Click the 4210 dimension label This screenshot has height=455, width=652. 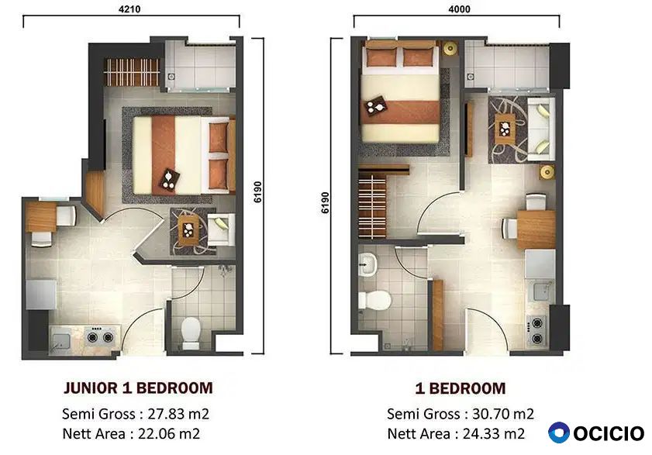point(129,9)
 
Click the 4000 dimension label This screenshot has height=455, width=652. point(460,9)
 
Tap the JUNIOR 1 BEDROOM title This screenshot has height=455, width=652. point(138,388)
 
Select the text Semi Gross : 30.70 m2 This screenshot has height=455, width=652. point(461,414)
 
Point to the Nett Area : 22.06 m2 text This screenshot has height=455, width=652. point(131,434)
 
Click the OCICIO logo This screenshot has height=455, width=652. point(596,433)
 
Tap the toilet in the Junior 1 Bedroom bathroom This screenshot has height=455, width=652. point(191,333)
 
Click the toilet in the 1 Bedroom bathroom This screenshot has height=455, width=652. point(374,300)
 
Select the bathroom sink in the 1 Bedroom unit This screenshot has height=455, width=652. point(367,264)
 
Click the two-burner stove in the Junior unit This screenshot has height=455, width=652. point(100,336)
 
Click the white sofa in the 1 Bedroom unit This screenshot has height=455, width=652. point(541,129)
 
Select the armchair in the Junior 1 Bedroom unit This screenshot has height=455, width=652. point(221,229)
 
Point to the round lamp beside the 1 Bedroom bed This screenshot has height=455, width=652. point(450,49)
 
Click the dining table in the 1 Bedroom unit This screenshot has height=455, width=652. point(536,229)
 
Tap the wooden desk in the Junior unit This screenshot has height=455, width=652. point(41,217)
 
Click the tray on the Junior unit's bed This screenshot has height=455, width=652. point(170,180)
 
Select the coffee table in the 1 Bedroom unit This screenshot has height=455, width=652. point(505,129)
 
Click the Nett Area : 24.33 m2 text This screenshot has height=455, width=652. point(456,434)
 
